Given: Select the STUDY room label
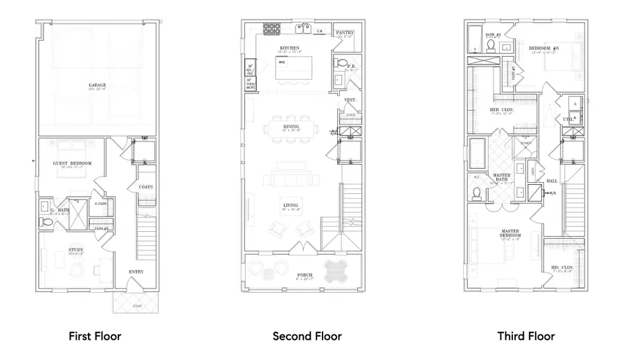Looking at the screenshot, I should click(x=75, y=249).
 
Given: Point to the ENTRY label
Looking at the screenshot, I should click(x=136, y=271).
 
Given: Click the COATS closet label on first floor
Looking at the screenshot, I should click(x=145, y=187).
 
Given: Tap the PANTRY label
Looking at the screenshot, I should click(x=344, y=33).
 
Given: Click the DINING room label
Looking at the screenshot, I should click(x=291, y=127).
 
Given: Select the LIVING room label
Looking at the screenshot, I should click(x=290, y=204).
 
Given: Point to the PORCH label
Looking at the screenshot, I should click(x=305, y=275).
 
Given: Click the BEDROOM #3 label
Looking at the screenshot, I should click(x=543, y=48).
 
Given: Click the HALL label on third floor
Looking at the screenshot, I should click(x=552, y=181).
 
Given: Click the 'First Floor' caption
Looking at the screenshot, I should click(x=95, y=336).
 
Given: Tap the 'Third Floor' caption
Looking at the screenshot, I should click(x=526, y=336).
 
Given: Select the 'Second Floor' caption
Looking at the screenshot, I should click(x=307, y=336).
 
